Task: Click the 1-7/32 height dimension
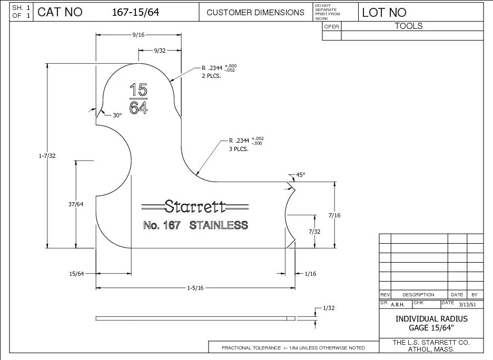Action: [x=47, y=156]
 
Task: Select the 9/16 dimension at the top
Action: [x=139, y=35]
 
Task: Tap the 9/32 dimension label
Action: [x=160, y=51]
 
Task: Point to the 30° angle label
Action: [x=117, y=115]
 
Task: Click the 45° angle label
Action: [x=300, y=174]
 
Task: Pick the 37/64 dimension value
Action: [x=76, y=204]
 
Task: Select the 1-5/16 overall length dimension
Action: [x=195, y=287]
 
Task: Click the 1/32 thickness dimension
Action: [x=329, y=307]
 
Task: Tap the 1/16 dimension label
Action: [x=311, y=273]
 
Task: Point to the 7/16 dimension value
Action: [x=334, y=215]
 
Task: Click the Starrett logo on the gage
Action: [x=195, y=206]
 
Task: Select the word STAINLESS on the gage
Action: [x=219, y=225]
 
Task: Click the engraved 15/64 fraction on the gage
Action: [x=139, y=98]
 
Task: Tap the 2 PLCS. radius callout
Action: [x=211, y=76]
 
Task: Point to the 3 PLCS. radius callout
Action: [x=238, y=148]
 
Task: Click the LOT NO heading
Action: [x=384, y=13]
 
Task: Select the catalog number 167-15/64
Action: [x=135, y=13]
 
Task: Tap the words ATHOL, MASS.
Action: [x=431, y=349]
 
